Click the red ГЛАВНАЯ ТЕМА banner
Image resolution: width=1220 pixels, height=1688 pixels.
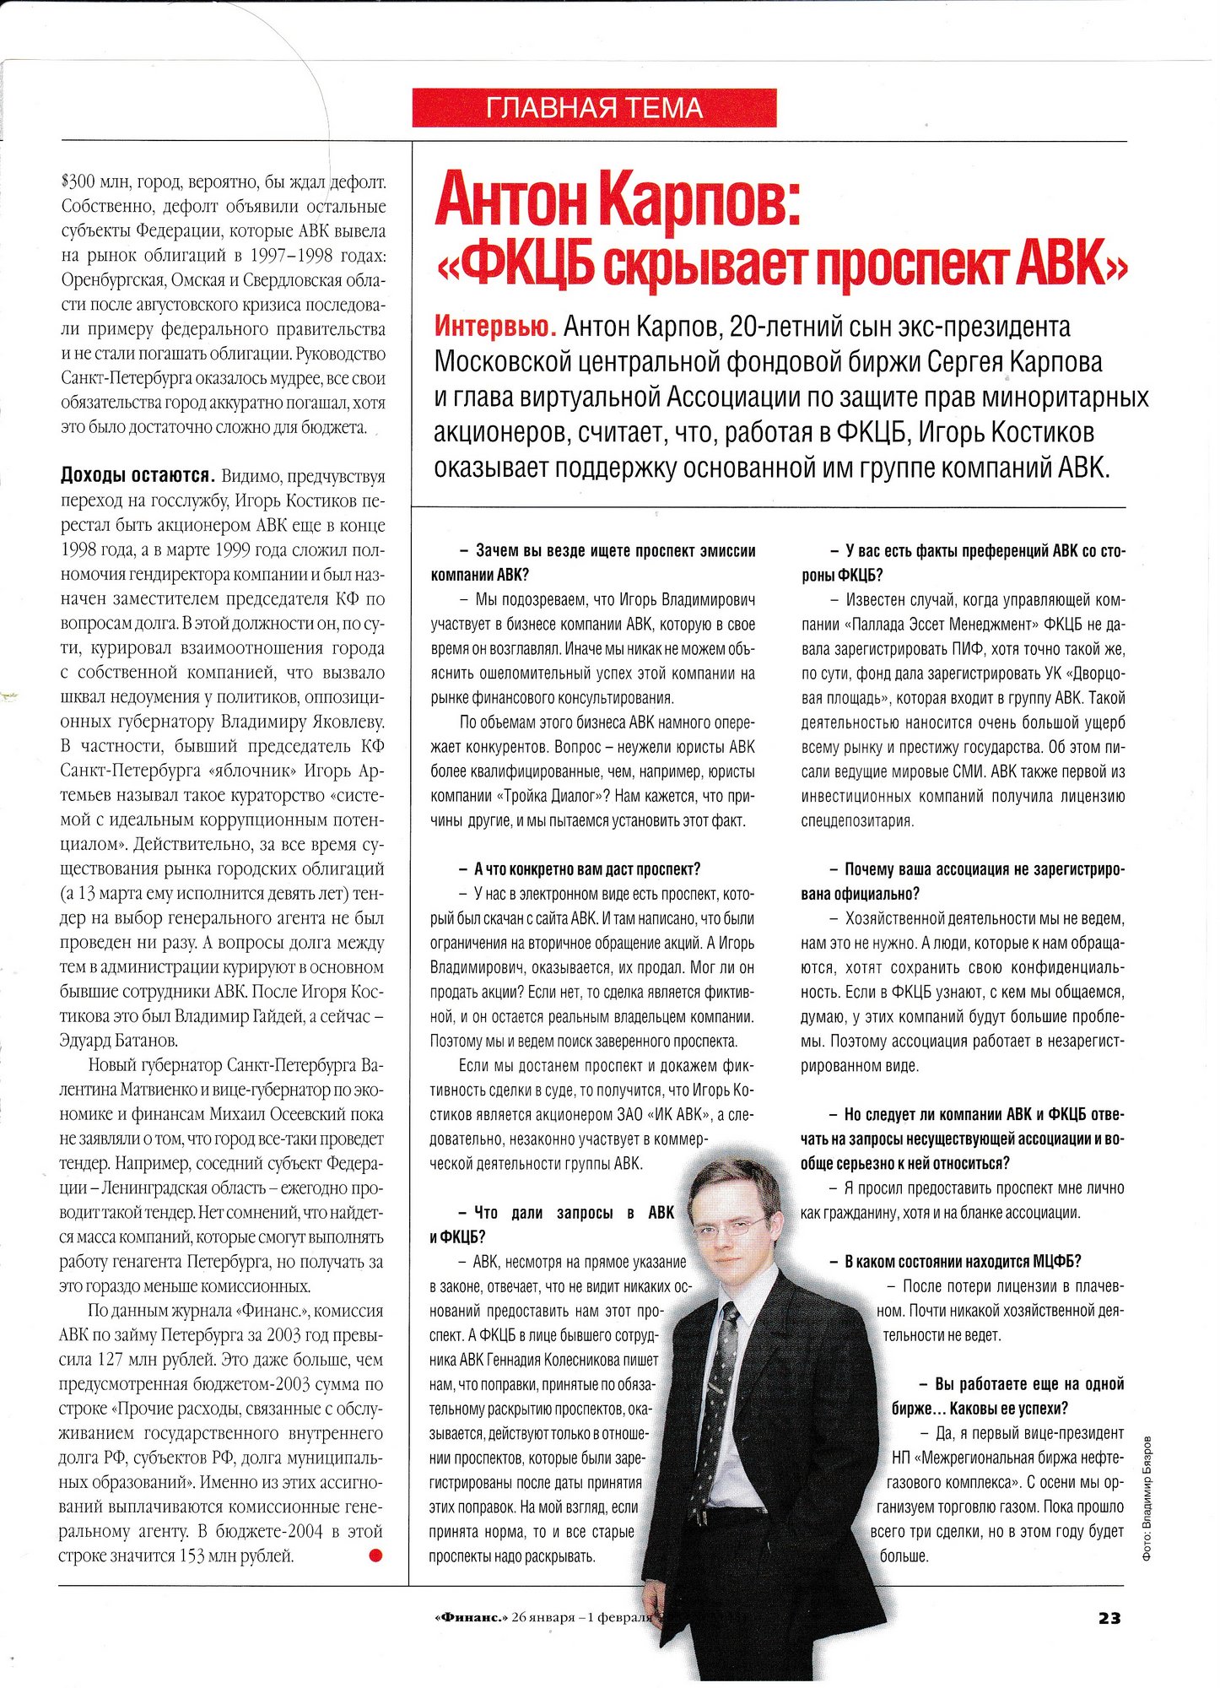click(x=594, y=107)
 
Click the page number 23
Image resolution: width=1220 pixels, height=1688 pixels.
click(x=1109, y=1617)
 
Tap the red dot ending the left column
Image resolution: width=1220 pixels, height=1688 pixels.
click(x=375, y=1555)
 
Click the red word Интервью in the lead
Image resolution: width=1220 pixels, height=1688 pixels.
click(x=494, y=326)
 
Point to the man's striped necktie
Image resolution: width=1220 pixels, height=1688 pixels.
click(x=718, y=1401)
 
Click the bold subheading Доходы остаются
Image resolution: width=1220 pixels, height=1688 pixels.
click(x=138, y=475)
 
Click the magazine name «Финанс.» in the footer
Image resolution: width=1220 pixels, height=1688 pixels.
click(x=471, y=1617)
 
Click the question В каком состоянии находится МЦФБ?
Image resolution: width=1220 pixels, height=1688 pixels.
click(x=955, y=1261)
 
